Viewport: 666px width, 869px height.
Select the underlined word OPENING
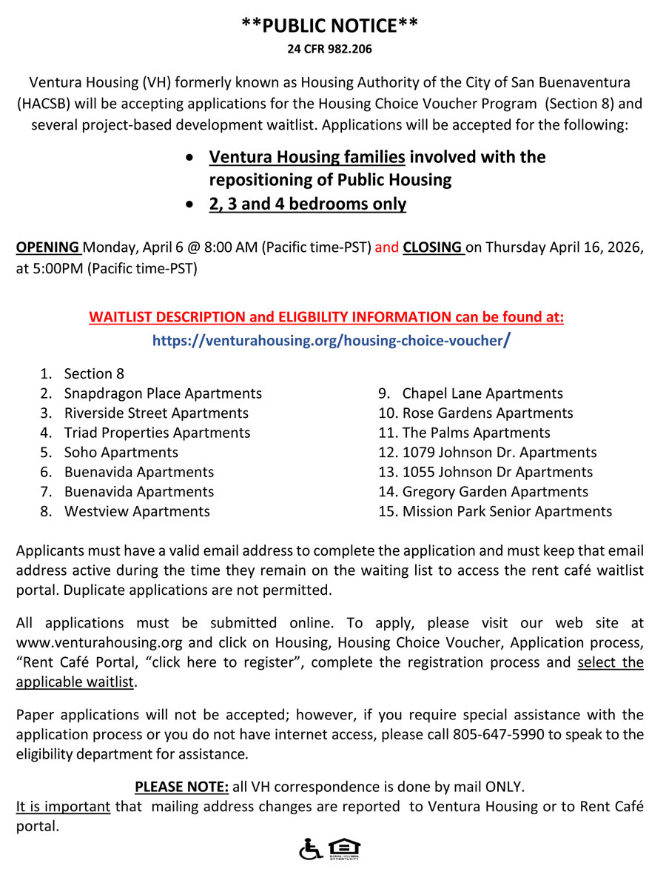pos(48,247)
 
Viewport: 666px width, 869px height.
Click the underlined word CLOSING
pos(433,247)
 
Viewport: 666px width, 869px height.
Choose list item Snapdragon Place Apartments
pos(163,393)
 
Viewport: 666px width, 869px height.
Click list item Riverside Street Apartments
pos(156,413)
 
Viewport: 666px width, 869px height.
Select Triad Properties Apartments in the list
pos(157,433)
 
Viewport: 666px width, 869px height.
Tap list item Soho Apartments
pos(121,452)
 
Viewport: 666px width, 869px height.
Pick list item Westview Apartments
pos(137,511)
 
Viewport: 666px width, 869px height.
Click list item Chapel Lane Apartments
pos(482,393)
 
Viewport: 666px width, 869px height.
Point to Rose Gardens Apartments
pos(488,413)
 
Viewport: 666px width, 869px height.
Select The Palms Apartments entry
pos(476,433)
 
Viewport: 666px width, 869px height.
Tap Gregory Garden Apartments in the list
pos(495,491)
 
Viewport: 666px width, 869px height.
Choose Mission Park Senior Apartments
pos(507,511)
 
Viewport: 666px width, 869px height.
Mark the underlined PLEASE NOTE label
pos(181,787)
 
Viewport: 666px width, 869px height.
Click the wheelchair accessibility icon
pos(309,848)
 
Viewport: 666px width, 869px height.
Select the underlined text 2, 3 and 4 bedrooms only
pos(307,204)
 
